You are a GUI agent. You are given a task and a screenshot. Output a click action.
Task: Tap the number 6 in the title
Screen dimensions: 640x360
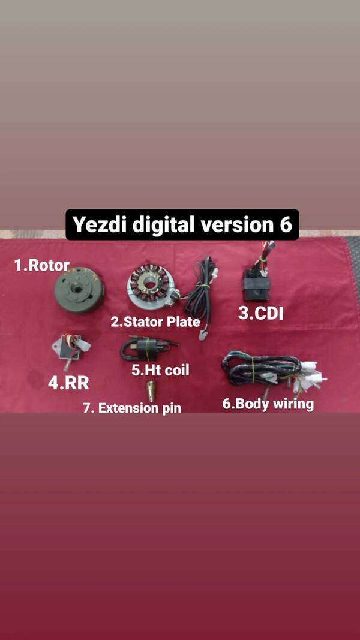(x=285, y=224)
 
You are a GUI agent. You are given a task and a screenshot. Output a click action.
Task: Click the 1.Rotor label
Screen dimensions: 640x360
(x=42, y=265)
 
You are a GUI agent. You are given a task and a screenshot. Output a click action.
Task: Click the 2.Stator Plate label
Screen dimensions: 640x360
(x=155, y=321)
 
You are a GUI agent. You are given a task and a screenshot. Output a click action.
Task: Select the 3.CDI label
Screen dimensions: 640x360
(x=260, y=313)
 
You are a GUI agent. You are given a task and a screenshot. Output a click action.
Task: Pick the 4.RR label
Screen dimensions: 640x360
(x=68, y=383)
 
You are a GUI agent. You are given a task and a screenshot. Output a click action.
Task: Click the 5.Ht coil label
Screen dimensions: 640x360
(x=160, y=370)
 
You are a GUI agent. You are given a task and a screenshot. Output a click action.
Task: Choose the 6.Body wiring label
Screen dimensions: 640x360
(x=268, y=404)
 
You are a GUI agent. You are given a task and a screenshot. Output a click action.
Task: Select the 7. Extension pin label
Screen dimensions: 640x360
(x=132, y=408)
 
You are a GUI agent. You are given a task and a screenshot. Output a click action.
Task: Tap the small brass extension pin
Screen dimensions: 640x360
(x=151, y=391)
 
